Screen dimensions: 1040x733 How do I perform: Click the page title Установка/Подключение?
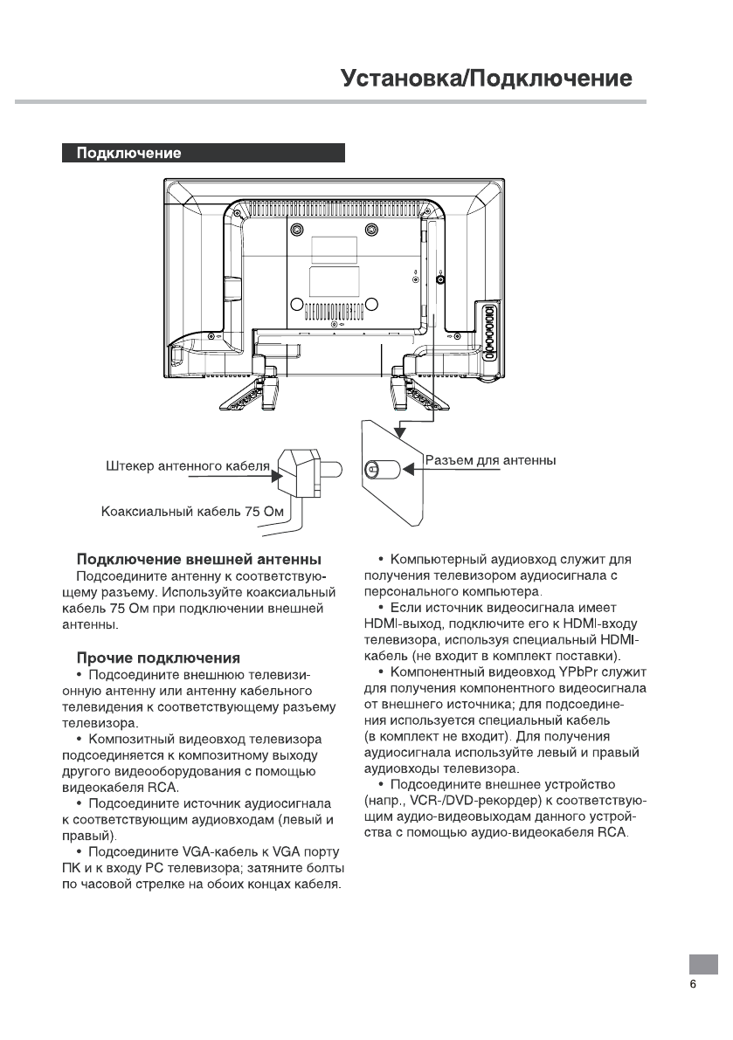pos(487,79)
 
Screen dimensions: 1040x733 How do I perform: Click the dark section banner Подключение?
pos(204,154)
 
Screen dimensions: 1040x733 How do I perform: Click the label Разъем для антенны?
pos(491,460)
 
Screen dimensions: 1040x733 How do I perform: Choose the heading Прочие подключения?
pos(158,657)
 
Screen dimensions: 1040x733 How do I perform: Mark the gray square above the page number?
pos(703,963)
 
